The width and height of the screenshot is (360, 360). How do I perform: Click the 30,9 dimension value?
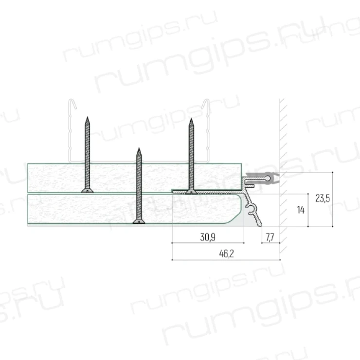tap(208, 237)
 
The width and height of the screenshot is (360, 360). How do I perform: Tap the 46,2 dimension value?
tap(226, 253)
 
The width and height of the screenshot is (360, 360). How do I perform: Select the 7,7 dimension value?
tap(270, 237)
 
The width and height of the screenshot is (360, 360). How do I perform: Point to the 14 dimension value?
tap(301, 210)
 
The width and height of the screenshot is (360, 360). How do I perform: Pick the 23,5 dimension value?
tap(323, 198)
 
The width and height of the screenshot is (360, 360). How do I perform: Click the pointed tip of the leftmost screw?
tap(87, 117)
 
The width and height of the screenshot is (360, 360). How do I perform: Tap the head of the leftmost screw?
tap(87, 191)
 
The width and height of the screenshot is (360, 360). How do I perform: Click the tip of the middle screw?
tap(139, 148)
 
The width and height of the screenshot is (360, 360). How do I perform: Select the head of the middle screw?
tap(139, 221)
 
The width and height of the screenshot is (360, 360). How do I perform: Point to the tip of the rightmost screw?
tap(191, 119)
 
